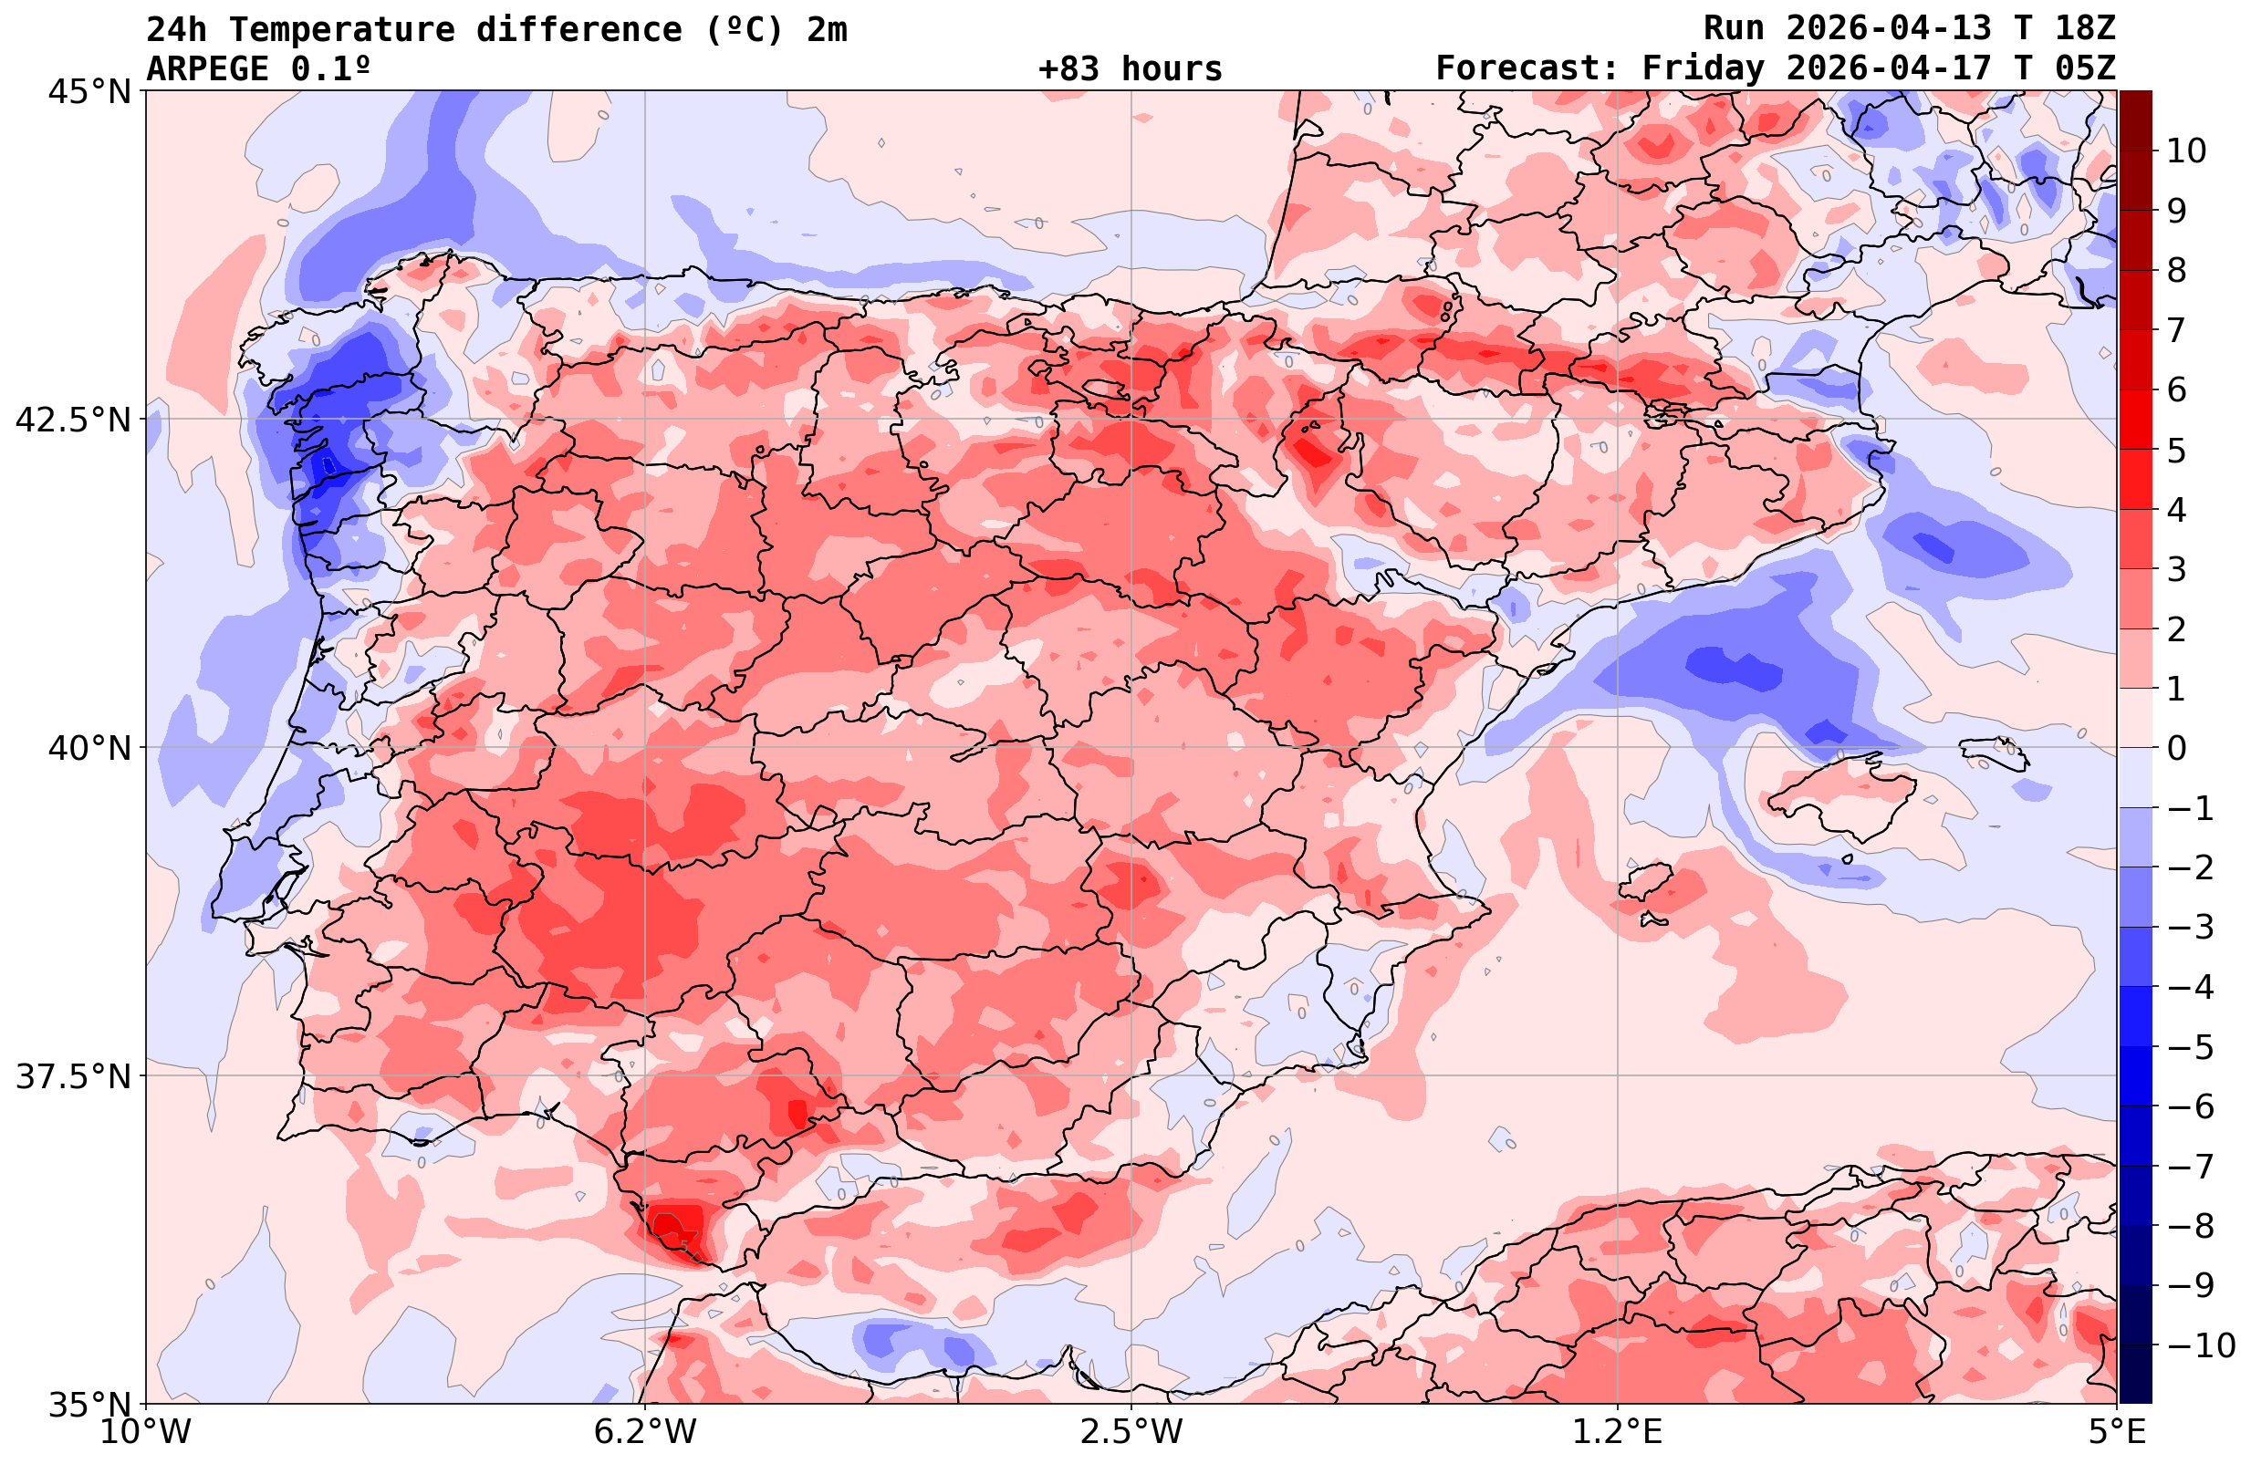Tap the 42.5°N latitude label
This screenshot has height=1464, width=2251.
coord(73,419)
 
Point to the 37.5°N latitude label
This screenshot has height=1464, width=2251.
coord(73,1076)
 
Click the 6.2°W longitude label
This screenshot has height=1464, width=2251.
coord(645,1431)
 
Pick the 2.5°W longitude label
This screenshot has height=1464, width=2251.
coord(1131,1431)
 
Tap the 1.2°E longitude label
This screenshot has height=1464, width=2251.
coord(1618,1431)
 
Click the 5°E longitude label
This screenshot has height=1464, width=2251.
coord(2117,1431)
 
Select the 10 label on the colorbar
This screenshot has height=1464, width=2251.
coord(2185,151)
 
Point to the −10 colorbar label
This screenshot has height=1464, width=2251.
coord(2199,1344)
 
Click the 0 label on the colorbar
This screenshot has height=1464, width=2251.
coord(2176,748)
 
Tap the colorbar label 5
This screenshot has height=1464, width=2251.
coord(2176,451)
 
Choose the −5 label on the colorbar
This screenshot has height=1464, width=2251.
coord(2190,1047)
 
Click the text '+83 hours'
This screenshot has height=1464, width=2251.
coord(1131,69)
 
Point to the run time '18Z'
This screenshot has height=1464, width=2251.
coord(2085,28)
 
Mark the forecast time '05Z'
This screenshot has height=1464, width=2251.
coord(2085,69)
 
